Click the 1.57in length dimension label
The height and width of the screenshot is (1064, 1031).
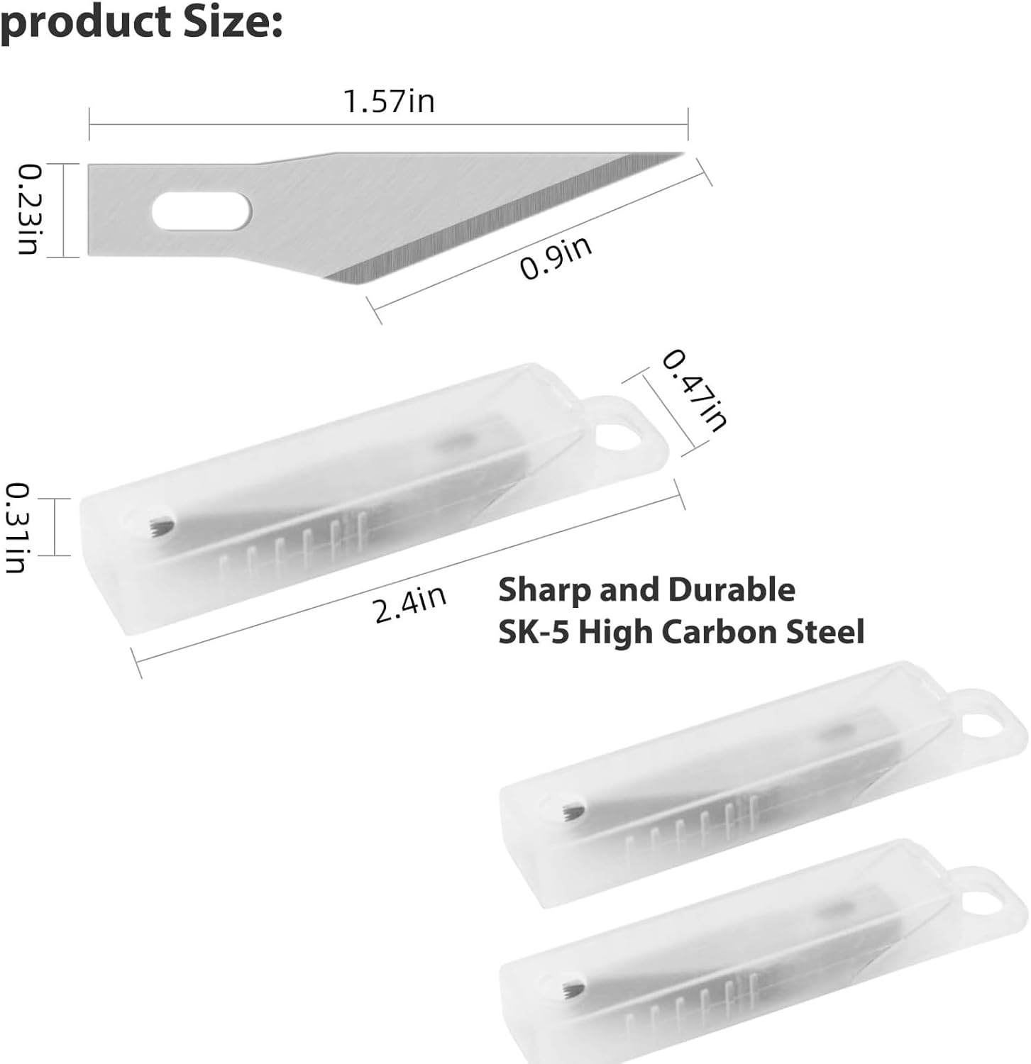(389, 101)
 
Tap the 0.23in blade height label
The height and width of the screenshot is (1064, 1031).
(28, 209)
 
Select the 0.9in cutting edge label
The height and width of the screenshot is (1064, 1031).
(556, 259)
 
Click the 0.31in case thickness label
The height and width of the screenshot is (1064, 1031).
(17, 528)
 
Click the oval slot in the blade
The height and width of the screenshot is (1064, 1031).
(202, 211)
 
